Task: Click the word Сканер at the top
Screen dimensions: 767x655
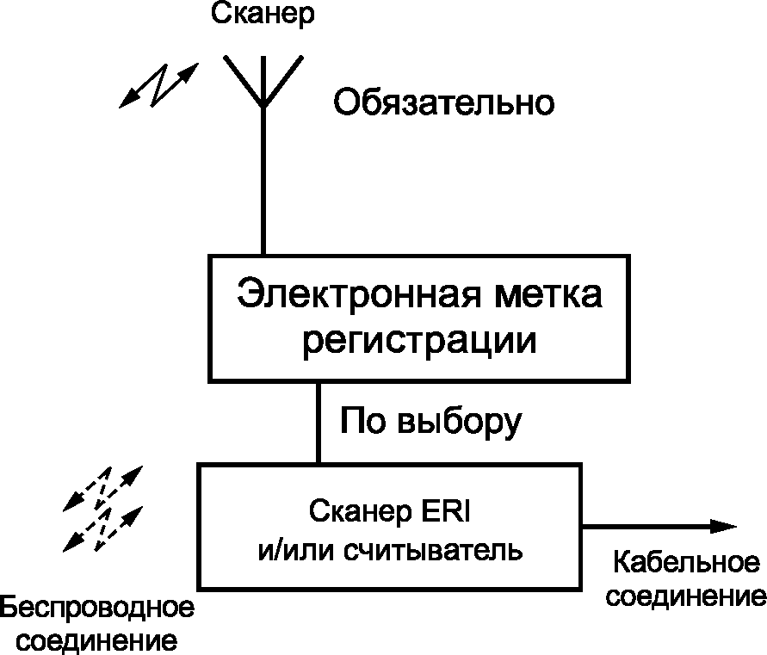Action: pos(263,15)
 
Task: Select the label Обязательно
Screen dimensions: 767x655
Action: pos(443,102)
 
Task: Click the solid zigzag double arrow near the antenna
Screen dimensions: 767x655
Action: pos(159,85)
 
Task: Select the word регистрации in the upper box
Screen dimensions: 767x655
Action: pos(420,341)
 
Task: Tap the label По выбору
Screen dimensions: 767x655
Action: pos(430,421)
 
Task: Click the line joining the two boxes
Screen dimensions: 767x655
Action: pos(319,423)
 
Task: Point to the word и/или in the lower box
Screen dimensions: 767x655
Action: pos(295,551)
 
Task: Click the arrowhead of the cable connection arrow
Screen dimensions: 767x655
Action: pos(723,527)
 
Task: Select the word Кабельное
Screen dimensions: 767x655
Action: pos(687,563)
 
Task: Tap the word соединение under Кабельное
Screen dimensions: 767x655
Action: pos(686,596)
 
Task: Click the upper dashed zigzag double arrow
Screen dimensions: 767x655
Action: pos(102,488)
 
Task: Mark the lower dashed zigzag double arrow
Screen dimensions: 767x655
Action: pos(102,528)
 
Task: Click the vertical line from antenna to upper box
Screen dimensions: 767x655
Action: pos(263,181)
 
